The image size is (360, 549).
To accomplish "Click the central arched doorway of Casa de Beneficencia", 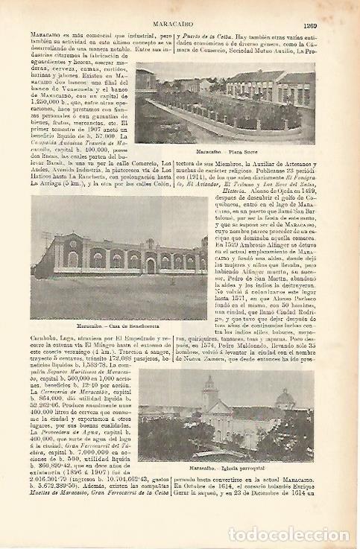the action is [x=150, y=264].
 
